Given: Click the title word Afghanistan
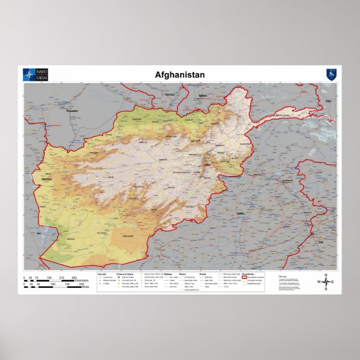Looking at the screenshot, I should [x=179, y=75].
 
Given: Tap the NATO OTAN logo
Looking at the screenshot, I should [x=35, y=75].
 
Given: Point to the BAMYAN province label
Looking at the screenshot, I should [x=163, y=160].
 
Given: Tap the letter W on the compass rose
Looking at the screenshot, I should [x=319, y=282].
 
